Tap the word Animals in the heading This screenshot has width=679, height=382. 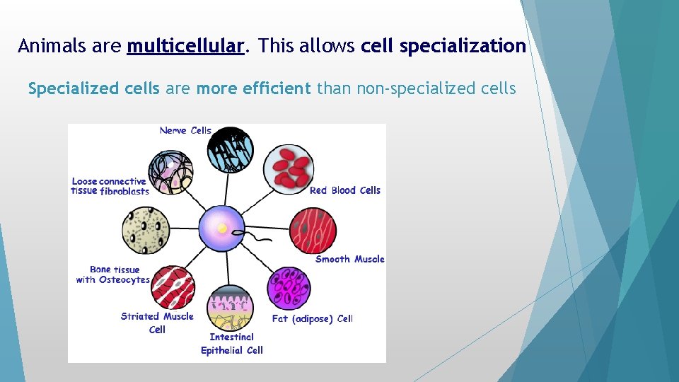point(54,47)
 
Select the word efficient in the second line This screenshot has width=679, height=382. point(275,88)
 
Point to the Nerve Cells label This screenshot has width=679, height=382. point(185,130)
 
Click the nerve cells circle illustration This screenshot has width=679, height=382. point(230,150)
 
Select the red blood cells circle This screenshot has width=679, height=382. point(289,168)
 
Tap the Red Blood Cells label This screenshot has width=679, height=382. point(344,190)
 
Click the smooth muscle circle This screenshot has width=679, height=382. point(313,231)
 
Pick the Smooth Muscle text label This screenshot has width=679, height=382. point(349,259)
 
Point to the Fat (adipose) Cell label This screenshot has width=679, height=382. point(312,319)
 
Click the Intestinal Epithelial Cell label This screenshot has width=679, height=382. point(232,344)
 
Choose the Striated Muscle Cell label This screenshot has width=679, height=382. point(157,323)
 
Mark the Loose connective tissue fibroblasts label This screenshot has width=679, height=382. point(110,186)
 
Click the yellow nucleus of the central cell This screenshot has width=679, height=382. point(222,228)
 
